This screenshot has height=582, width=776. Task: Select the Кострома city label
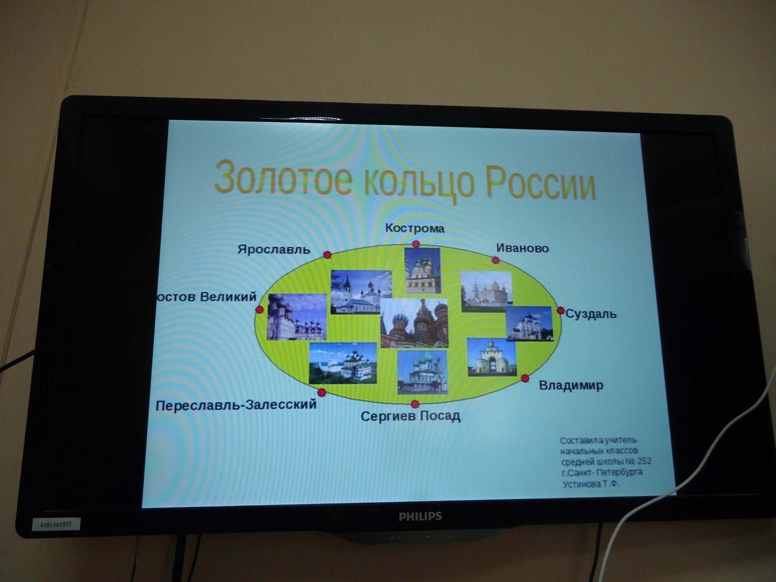pyautogui.click(x=414, y=228)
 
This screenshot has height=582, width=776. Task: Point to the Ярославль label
pyautogui.click(x=274, y=249)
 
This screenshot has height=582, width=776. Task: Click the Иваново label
pyautogui.click(x=522, y=248)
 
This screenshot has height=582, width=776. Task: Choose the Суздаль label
pyautogui.click(x=591, y=314)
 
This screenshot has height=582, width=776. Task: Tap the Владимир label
pyautogui.click(x=571, y=385)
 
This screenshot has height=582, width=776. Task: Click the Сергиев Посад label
pyautogui.click(x=410, y=416)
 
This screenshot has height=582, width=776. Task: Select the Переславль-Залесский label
pyautogui.click(x=236, y=404)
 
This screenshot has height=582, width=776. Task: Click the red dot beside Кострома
pyautogui.click(x=416, y=244)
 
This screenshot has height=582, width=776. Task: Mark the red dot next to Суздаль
pyautogui.click(x=561, y=310)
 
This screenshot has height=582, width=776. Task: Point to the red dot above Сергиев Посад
pyautogui.click(x=415, y=404)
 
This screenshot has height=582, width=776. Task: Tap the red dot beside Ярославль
pyautogui.click(x=327, y=255)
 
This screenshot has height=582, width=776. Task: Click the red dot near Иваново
pyautogui.click(x=496, y=260)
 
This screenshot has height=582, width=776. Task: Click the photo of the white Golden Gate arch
pyautogui.click(x=491, y=357)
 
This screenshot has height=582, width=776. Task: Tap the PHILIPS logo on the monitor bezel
pyautogui.click(x=420, y=516)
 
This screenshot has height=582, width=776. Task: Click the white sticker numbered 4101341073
pyautogui.click(x=56, y=524)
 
